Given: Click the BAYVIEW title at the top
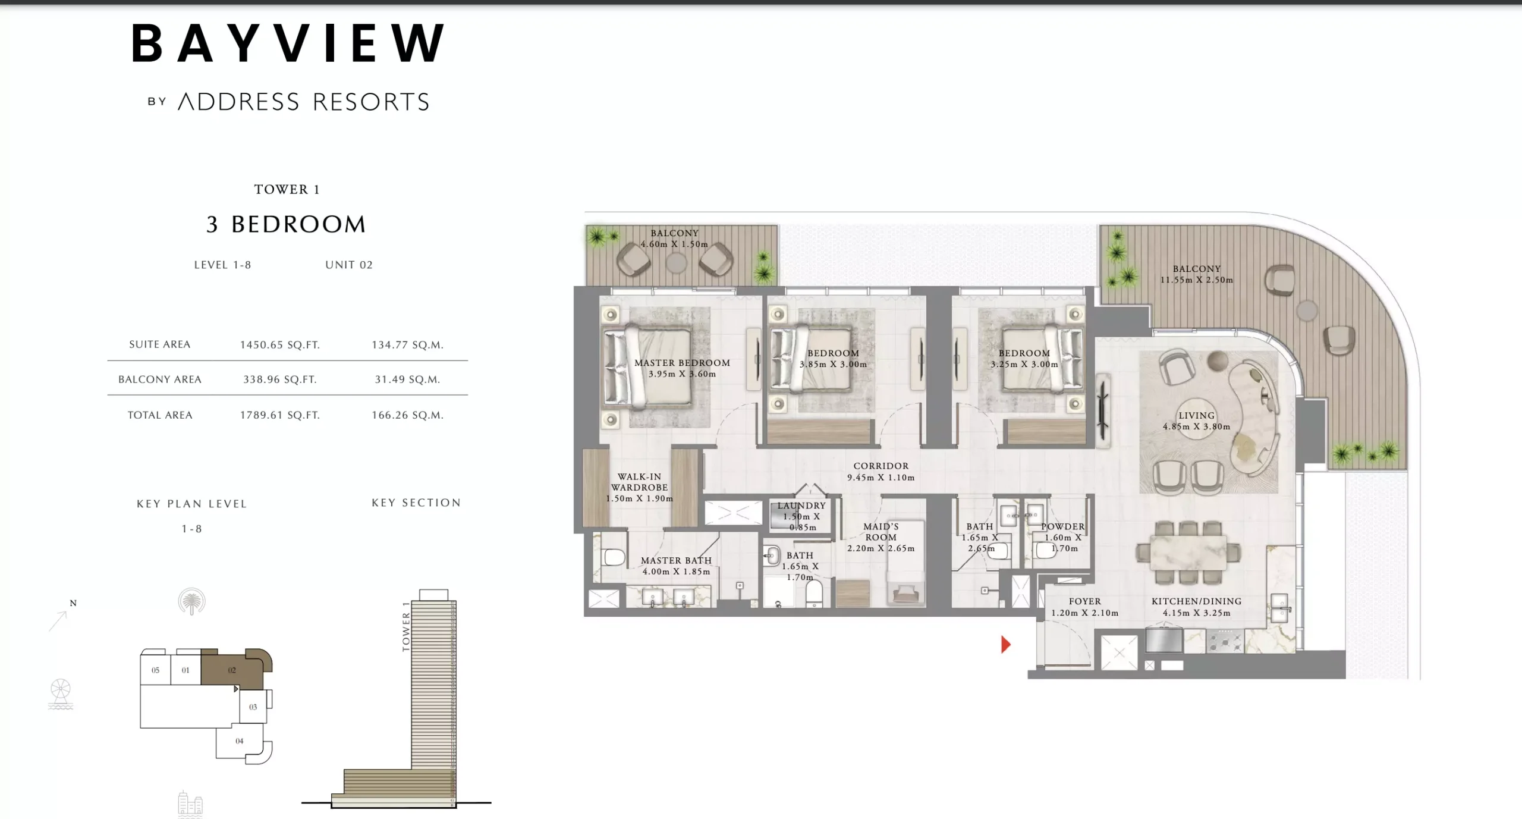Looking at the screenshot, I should tap(288, 43).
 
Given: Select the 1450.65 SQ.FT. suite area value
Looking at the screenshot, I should tap(279, 345).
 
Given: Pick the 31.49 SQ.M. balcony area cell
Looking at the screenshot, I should tap(407, 379).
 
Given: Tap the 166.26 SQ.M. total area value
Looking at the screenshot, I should tap(407, 415).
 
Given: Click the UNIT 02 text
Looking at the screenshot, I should tap(349, 265).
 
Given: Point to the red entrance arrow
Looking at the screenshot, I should tap(1005, 644).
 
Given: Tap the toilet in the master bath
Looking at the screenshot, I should tap(612, 557).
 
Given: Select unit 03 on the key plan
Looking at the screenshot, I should tap(253, 707).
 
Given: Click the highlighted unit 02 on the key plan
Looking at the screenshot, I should tap(232, 670).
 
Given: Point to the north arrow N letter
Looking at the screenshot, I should tap(73, 603).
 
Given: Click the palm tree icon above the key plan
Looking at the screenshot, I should tap(191, 601).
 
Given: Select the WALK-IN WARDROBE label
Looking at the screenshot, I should tap(639, 487).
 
